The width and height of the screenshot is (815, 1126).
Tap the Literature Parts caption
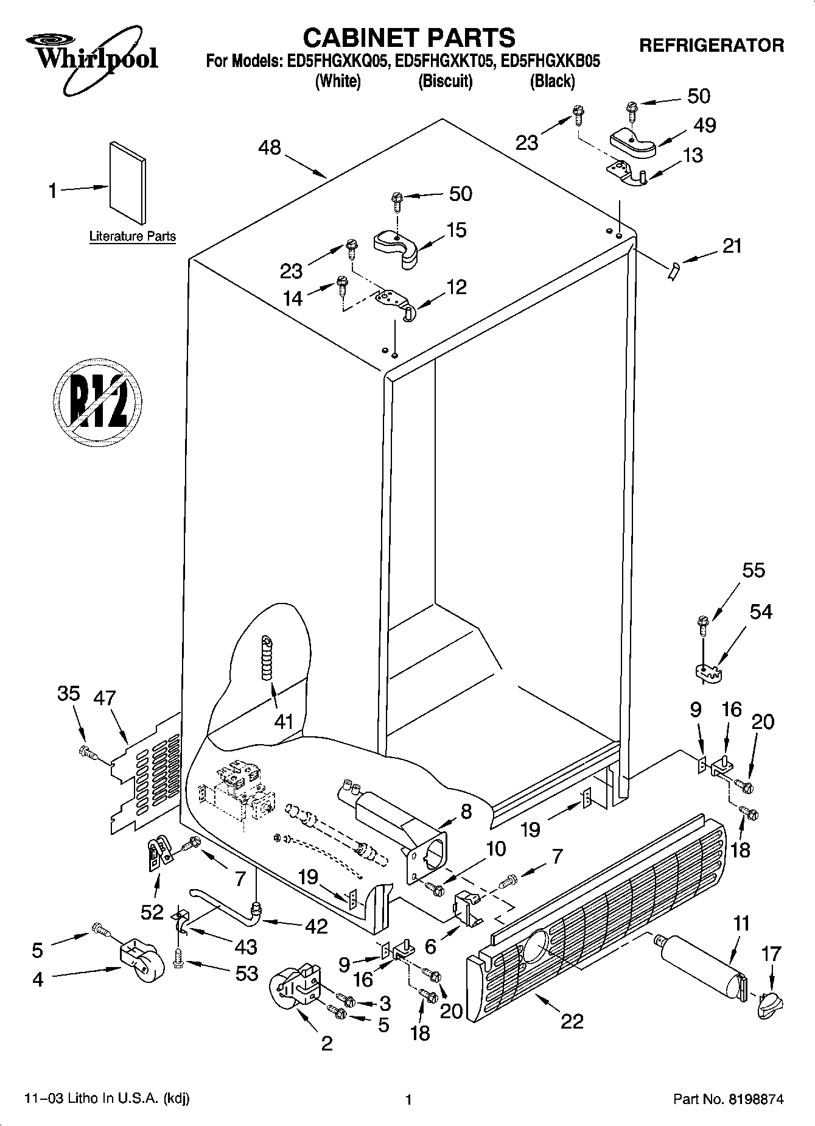tap(132, 236)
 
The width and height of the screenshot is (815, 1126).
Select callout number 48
tap(270, 148)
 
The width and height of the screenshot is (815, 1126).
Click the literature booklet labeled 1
tap(128, 183)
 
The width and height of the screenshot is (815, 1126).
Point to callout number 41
tap(284, 722)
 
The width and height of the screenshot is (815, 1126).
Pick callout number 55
tap(753, 571)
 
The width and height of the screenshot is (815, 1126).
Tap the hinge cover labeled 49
tap(633, 143)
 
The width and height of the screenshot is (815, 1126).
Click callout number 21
tap(732, 246)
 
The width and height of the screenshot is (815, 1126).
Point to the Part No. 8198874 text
tap(728, 1100)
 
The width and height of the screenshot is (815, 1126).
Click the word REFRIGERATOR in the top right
tap(712, 45)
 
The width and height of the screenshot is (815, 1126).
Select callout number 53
tap(247, 974)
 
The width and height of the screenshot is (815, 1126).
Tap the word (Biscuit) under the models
tap(446, 81)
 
